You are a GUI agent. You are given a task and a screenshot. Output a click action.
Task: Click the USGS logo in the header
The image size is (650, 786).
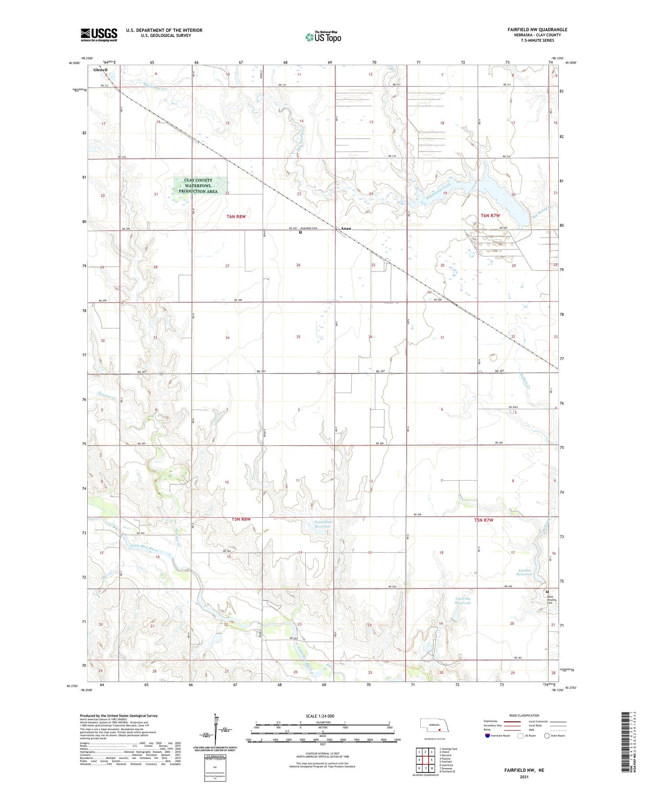pyautogui.click(x=99, y=35)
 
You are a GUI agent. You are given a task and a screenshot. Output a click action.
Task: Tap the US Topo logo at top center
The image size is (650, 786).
pyautogui.click(x=323, y=37)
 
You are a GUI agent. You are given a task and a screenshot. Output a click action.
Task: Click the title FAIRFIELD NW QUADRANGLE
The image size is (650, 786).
pyautogui.click(x=537, y=30)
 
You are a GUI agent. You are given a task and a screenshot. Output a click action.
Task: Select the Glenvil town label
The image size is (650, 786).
pyautogui.click(x=100, y=70)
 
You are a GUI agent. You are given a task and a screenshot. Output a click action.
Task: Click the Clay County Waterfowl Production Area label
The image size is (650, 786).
pyautogui.click(x=198, y=185)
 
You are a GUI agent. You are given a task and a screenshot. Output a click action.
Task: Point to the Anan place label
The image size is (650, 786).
pyautogui.click(x=345, y=228)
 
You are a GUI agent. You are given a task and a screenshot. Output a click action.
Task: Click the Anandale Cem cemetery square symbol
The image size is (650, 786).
pyautogui.click(x=300, y=232)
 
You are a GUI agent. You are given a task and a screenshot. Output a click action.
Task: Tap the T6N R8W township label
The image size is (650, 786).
pyautogui.click(x=236, y=217)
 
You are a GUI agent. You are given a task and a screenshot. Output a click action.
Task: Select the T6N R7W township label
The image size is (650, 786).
pyautogui.click(x=490, y=216)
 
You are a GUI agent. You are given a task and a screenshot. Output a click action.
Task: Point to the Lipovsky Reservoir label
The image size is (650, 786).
pyautogui.click(x=463, y=601)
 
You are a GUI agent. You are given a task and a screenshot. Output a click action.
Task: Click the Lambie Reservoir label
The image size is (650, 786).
pyautogui.click(x=524, y=572)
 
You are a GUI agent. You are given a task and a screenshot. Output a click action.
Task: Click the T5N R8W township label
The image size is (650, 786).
pyautogui.click(x=241, y=519)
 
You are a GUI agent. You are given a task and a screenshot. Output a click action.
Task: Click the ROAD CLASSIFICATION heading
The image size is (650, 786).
pyautogui.click(x=524, y=715)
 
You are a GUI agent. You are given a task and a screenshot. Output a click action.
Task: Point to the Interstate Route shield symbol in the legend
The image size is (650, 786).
pyautogui.click(x=488, y=736)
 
